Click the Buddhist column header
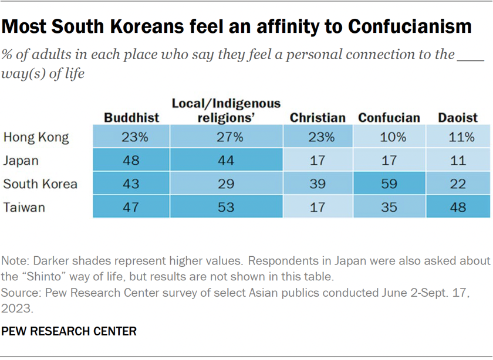tap(131, 117)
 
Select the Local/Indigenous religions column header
tap(226, 110)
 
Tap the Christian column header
tap(318, 117)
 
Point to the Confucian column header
tap(389, 117)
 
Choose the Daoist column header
tap(458, 117)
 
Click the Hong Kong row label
tap(36, 137)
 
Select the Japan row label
tap(22, 160)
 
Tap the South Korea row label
tap(40, 184)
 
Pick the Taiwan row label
tap(24, 206)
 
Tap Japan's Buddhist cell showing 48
tap(131, 160)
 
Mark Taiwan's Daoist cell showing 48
tap(458, 206)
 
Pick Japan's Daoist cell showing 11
tap(458, 160)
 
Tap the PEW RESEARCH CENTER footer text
tap(69, 331)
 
